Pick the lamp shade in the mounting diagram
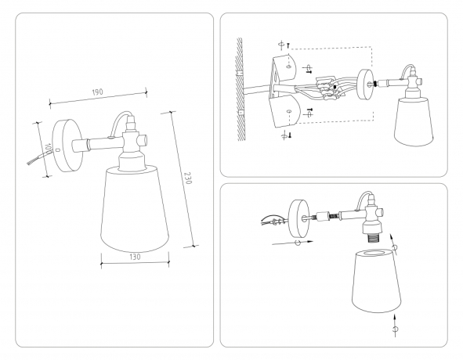(413, 121)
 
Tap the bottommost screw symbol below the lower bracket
(284, 135)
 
